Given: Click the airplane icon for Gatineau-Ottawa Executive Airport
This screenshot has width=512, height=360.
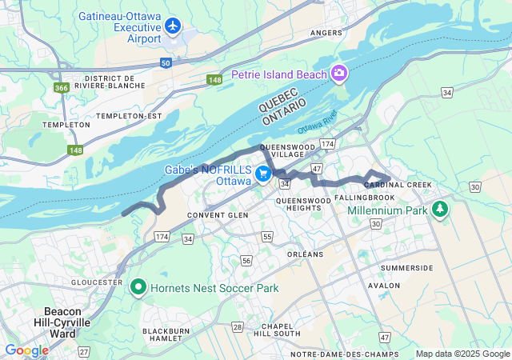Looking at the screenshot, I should [172, 26].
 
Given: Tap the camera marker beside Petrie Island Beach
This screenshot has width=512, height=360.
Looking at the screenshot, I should [339, 74].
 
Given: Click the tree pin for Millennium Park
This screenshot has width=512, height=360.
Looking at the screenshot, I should [439, 210].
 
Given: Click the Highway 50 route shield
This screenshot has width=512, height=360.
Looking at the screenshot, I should [165, 62].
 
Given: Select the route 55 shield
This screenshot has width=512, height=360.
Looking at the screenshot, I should [266, 238].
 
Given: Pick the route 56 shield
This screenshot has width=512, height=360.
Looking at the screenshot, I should [246, 261].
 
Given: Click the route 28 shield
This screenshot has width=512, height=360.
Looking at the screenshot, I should [238, 326].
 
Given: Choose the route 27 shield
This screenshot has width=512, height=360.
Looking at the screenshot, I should [84, 351].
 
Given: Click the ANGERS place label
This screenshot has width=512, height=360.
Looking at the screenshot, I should [326, 33].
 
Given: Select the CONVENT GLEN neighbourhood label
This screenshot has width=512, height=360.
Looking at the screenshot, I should [214, 215].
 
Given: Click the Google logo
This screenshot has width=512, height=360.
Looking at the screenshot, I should [26, 350].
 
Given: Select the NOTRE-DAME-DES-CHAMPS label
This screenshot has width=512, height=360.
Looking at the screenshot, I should [337, 354].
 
